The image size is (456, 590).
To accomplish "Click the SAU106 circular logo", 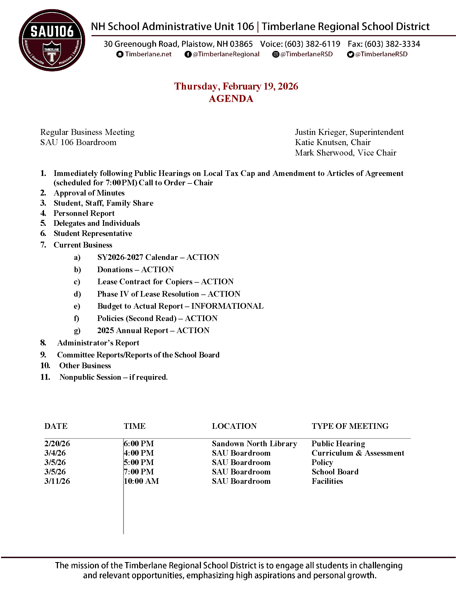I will click(x=52, y=40).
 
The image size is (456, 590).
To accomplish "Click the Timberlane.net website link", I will click(x=148, y=54).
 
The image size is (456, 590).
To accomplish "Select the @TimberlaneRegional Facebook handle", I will click(x=226, y=54).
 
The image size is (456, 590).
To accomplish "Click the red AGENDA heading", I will click(x=231, y=99).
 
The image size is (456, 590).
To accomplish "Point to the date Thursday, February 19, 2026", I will click(x=236, y=86).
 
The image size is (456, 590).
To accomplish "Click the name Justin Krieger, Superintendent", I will click(x=349, y=132).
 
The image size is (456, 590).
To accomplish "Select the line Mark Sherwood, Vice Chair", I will click(x=345, y=153).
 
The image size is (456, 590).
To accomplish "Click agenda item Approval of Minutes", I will click(x=89, y=193).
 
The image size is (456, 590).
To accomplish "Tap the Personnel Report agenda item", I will click(x=84, y=213).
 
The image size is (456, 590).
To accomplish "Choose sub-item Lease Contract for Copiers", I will click(x=145, y=282).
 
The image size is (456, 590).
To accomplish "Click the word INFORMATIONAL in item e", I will click(x=227, y=306).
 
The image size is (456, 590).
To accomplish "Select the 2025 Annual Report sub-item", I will click(x=133, y=330).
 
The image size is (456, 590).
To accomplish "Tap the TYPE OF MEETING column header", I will click(x=350, y=426).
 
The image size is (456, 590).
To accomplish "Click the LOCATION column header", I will click(x=234, y=426).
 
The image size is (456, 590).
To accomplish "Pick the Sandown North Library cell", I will click(x=254, y=444).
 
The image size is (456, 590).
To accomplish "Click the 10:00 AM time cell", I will click(x=141, y=481).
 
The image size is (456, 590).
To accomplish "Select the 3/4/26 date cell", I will click(x=55, y=453).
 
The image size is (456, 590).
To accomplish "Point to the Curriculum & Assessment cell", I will click(x=358, y=453).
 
